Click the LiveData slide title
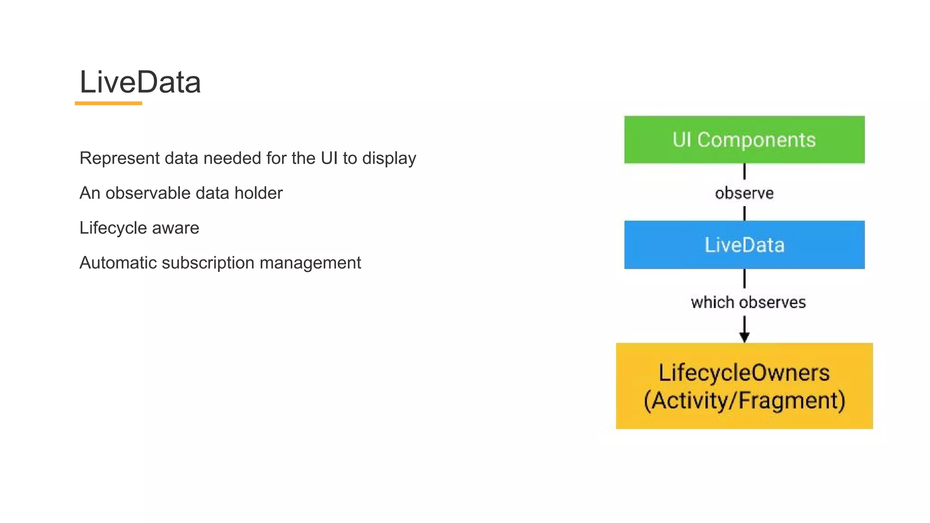[140, 82]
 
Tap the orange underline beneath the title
[108, 104]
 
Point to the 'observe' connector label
[744, 193]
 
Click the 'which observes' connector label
[748, 302]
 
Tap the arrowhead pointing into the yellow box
[744, 337]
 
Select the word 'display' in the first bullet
[389, 158]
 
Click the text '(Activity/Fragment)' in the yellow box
[744, 400]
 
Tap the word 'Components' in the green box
[757, 140]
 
